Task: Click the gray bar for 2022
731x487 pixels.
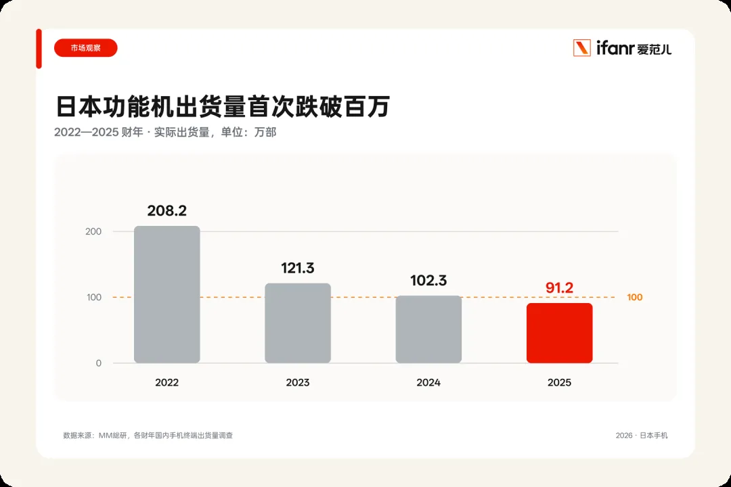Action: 167,294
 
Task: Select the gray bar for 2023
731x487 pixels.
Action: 298,323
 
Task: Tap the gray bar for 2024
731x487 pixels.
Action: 429,329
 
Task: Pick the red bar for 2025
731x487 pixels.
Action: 560,333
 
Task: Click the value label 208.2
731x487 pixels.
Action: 167,210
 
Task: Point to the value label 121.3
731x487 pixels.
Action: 298,268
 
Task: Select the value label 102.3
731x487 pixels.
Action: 429,280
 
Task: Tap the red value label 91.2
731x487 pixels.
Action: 560,287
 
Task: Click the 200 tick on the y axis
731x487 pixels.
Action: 93,231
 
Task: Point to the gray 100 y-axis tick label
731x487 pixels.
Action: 93,297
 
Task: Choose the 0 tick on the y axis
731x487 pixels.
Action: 98,363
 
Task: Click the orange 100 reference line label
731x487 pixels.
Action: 634,297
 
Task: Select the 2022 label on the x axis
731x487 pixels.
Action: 167,382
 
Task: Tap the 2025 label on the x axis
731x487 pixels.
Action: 560,382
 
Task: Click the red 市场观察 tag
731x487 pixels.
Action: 86,48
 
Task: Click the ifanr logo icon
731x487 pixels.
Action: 582,48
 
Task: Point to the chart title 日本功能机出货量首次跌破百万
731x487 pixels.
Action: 223,106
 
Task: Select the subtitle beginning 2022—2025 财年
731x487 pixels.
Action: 165,133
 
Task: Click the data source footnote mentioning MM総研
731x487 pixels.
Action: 148,436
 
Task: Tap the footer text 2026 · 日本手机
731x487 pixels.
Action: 642,436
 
